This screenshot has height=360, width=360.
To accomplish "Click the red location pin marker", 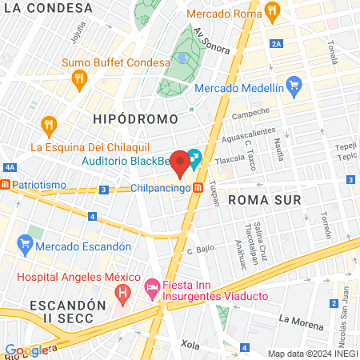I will coord(181,163).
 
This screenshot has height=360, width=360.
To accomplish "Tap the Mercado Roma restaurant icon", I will coord(272,11).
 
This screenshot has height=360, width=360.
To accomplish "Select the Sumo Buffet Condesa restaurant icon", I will coord(78,78).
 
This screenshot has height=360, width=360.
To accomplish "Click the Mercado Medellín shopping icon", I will coord(294,83).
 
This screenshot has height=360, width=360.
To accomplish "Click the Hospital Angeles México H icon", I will coord(122,294).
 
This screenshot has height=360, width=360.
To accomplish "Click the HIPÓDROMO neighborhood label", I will coord(130,118).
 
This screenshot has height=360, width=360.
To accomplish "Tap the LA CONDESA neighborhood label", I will coord(39,8).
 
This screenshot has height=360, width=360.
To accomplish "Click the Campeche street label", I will coord(251,113).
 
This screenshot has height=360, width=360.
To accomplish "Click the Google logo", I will coord(26,350).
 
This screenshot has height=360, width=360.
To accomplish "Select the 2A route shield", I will coord(277,44).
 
